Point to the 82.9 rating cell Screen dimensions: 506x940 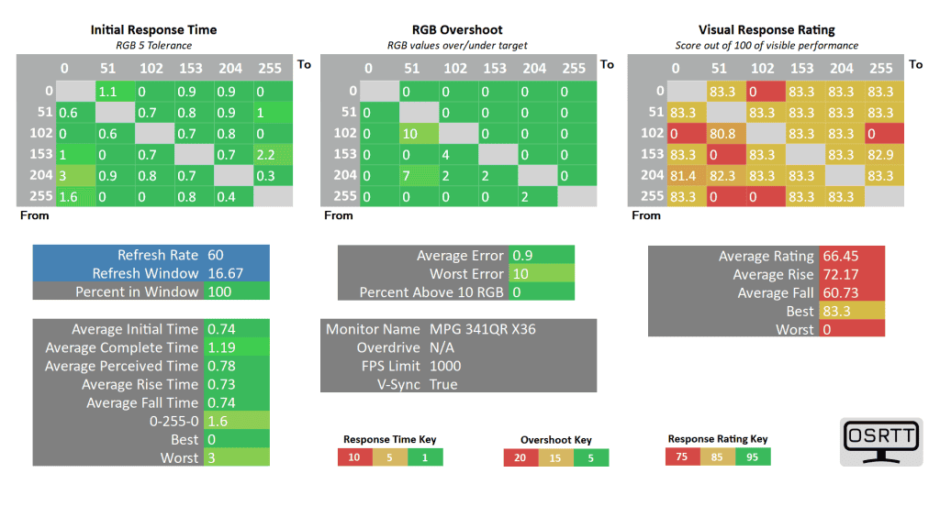click(x=880, y=154)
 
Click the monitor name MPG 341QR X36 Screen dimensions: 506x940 click(x=482, y=329)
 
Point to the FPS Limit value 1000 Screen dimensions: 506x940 click(x=446, y=366)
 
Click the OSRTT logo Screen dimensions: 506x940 click(x=881, y=440)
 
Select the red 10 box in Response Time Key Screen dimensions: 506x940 click(x=355, y=456)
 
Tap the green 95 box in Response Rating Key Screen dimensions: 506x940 click(x=752, y=456)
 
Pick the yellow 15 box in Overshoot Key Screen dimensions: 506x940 click(x=555, y=457)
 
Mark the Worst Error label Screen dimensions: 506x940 click(x=466, y=274)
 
